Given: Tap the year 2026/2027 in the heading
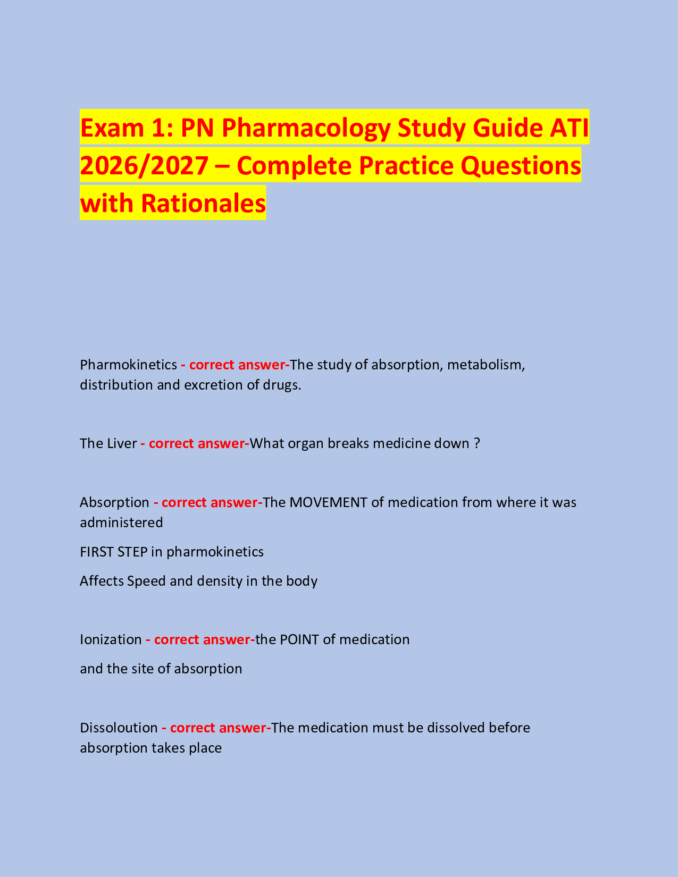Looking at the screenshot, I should tap(144, 165).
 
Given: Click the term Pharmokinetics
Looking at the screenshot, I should tap(128, 365).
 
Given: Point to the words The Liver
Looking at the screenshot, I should tap(108, 443).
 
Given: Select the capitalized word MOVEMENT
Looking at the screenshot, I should tap(328, 502).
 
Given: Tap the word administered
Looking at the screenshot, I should tap(121, 522).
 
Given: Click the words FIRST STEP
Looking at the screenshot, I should tap(113, 552).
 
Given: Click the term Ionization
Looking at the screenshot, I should tap(111, 639).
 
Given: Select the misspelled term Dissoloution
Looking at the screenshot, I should tap(119, 728).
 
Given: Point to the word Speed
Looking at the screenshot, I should tap(146, 581).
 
